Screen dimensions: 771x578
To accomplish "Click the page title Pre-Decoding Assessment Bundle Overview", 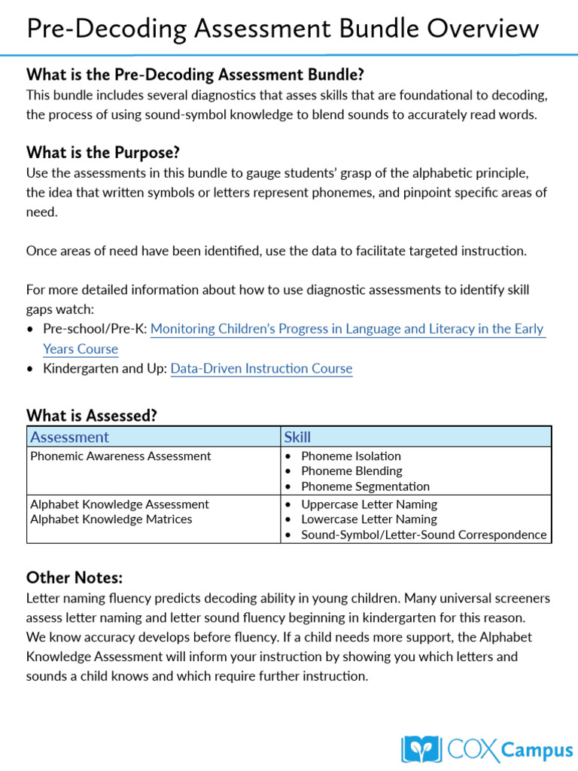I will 282,29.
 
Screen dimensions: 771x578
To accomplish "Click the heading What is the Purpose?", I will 103,153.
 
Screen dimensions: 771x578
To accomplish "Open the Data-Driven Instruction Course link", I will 261,369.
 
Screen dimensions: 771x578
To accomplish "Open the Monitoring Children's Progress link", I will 347,329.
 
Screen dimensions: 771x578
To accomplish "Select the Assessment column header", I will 69,437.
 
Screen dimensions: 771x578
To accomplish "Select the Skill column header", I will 297,437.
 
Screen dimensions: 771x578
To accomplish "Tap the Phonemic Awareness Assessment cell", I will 120,456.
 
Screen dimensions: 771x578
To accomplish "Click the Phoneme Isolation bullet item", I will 351,456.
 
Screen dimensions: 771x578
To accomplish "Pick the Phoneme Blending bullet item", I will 351,471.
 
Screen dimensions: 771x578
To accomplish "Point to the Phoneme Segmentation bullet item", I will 365,486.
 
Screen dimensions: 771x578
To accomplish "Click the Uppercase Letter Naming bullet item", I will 369,504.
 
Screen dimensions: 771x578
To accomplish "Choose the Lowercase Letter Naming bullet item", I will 369,520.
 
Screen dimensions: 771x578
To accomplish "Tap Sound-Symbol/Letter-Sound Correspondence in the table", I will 423,535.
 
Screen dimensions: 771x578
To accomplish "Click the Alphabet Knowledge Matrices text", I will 111,520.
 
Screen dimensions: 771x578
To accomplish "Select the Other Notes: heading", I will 75,577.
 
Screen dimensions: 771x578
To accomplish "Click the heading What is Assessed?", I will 92,416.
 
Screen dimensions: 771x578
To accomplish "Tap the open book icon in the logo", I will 421,749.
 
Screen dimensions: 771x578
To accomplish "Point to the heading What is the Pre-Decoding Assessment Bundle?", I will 195,75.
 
